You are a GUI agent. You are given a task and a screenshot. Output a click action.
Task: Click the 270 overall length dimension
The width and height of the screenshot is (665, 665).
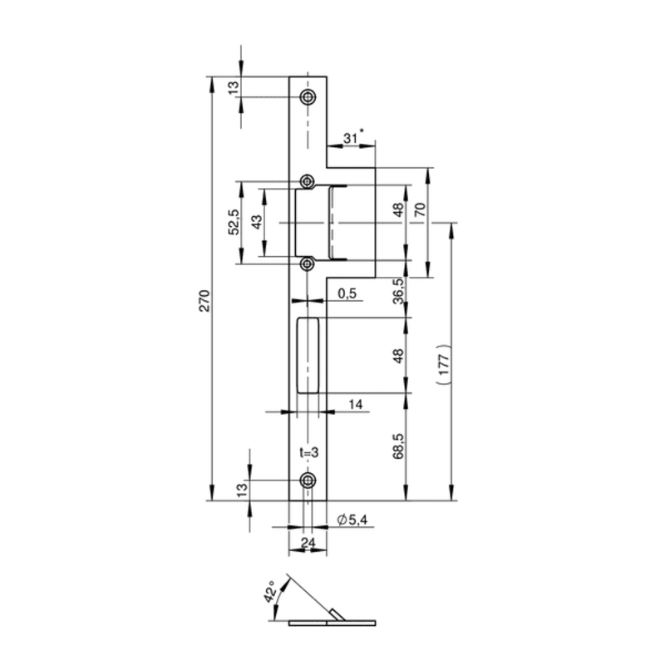pyautogui.click(x=204, y=301)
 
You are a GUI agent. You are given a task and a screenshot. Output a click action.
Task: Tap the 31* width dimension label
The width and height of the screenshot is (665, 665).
pyautogui.click(x=352, y=137)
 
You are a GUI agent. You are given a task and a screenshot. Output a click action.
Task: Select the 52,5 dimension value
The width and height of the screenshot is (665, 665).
pyautogui.click(x=234, y=222)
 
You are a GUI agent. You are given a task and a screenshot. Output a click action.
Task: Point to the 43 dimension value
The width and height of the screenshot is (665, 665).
pyautogui.click(x=258, y=222)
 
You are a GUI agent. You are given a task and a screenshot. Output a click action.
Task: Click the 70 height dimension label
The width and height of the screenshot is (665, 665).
pyautogui.click(x=421, y=210)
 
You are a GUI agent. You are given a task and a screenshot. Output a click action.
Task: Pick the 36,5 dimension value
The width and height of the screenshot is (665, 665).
pyautogui.click(x=399, y=292)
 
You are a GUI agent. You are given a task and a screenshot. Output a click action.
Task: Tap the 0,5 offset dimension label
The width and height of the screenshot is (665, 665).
pyautogui.click(x=347, y=293)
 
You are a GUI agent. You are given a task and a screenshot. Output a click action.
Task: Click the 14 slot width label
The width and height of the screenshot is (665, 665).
pyautogui.click(x=356, y=404)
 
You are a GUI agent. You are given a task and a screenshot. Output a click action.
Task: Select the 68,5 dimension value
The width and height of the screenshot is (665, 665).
pyautogui.click(x=399, y=446)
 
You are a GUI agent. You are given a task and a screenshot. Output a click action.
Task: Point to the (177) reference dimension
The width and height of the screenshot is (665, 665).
pyautogui.click(x=443, y=364)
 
